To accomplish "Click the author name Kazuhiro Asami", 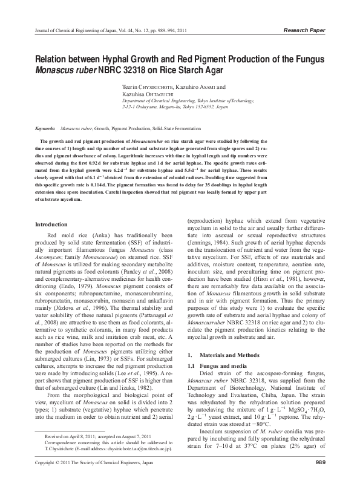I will (205, 87).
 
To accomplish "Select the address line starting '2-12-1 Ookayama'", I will (175, 107).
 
